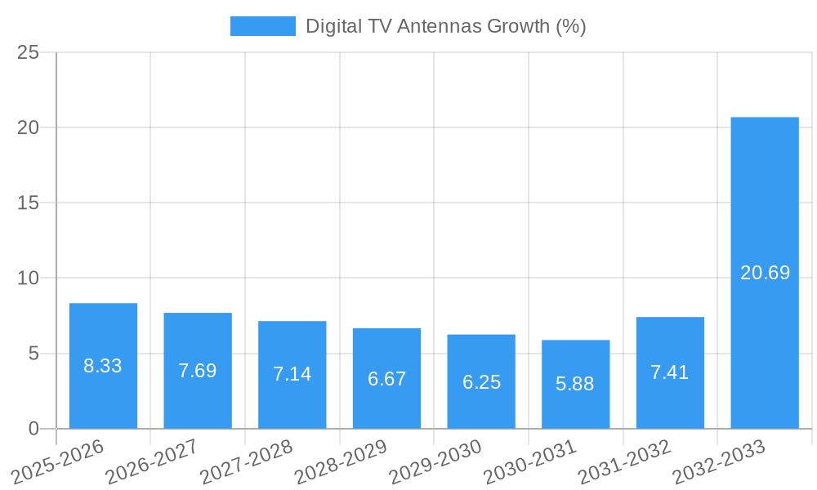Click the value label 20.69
click(x=765, y=273)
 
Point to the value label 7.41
click(x=669, y=372)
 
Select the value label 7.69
click(x=197, y=371)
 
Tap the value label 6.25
click(x=481, y=382)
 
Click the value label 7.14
click(x=292, y=374)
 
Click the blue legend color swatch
click(x=262, y=26)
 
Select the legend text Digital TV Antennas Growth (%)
click(x=445, y=26)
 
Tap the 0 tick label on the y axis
click(x=33, y=429)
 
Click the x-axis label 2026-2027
click(x=152, y=462)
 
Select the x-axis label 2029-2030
click(x=435, y=462)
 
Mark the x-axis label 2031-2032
click(x=625, y=462)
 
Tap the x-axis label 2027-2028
click(x=247, y=462)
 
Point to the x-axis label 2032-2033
click(x=719, y=462)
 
